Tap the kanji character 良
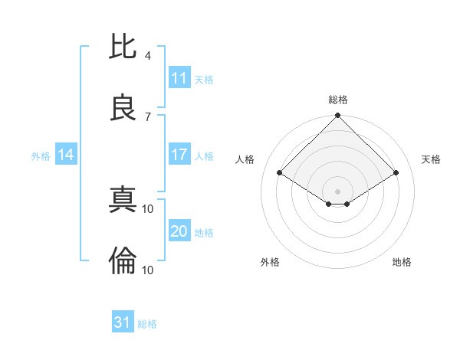coord(123,108)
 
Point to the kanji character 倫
coord(123,261)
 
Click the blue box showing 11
coord(179,78)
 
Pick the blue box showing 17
coord(179,155)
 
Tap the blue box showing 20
coord(179,231)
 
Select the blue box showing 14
coord(66,155)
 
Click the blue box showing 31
coord(123,322)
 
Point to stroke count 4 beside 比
coord(148,55)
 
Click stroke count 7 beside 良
coord(148,116)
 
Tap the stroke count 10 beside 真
coord(149,208)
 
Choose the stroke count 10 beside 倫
coord(149,270)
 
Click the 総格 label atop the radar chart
coord(338,100)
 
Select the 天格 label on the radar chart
coord(431,159)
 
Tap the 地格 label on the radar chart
coord(402,262)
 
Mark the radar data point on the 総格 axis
coord(338,116)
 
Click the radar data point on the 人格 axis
coord(280,172)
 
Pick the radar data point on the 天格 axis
coord(396,172)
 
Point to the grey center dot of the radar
coord(338,191)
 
